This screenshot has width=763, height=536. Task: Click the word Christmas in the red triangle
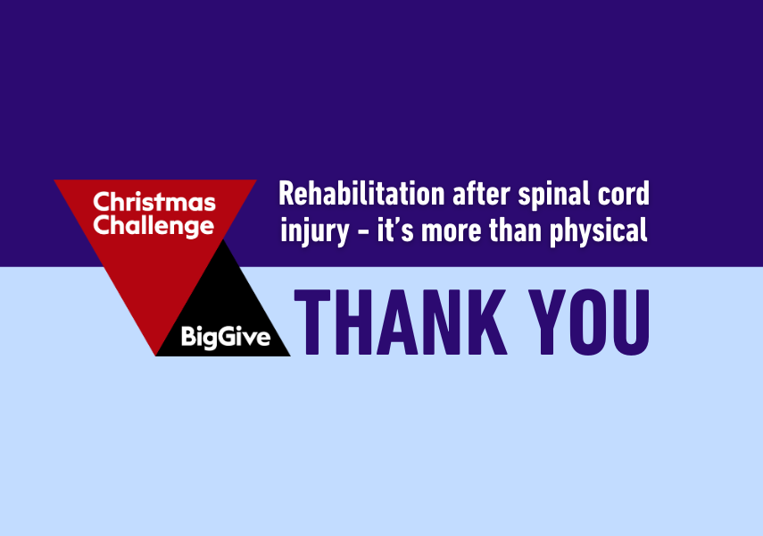tap(154, 202)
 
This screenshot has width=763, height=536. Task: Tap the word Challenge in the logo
tap(153, 227)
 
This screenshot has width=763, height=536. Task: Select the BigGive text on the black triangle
tap(226, 337)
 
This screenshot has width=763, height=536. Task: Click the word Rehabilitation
tap(361, 194)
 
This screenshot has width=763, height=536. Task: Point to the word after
tap(481, 194)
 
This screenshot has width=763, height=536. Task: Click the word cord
tap(624, 194)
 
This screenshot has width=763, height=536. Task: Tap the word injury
tap(315, 232)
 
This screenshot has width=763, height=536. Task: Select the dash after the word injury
tap(363, 232)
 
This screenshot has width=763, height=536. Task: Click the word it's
tap(395, 230)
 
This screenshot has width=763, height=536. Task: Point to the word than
tap(515, 230)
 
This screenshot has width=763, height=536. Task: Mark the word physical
tap(599, 232)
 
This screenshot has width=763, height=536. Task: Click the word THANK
tap(401, 322)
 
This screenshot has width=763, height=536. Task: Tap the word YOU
tap(589, 322)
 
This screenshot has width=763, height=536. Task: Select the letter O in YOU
tap(588, 322)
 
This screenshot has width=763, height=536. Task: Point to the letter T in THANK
tap(312, 322)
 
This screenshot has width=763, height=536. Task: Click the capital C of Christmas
tap(103, 202)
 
